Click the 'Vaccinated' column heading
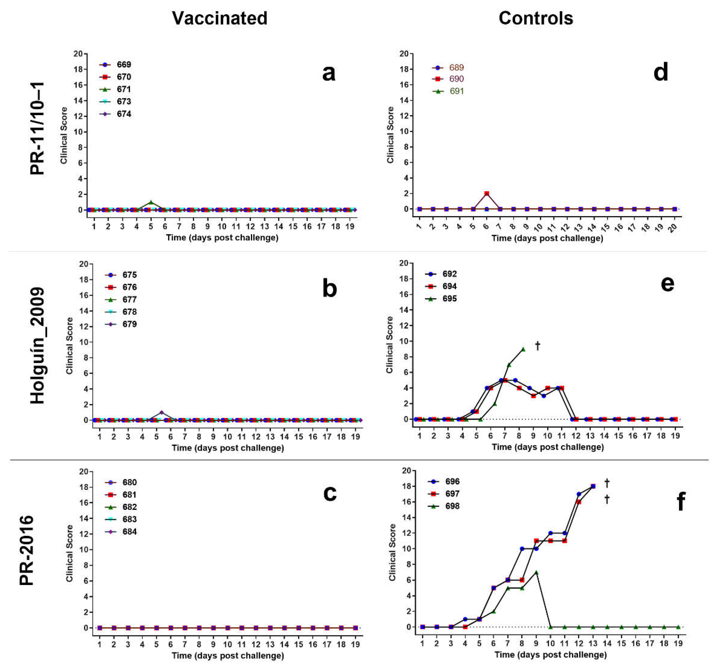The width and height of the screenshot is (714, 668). click(x=219, y=18)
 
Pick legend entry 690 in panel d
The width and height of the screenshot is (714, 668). click(x=456, y=79)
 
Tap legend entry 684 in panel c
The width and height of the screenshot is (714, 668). click(x=129, y=532)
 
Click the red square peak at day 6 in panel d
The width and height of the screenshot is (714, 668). click(x=487, y=194)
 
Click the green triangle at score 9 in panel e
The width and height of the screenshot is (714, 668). click(x=523, y=349)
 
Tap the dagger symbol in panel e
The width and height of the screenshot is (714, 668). click(x=538, y=346)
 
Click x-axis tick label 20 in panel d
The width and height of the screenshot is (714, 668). click(x=674, y=227)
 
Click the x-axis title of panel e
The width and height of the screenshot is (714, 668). click(x=547, y=447)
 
